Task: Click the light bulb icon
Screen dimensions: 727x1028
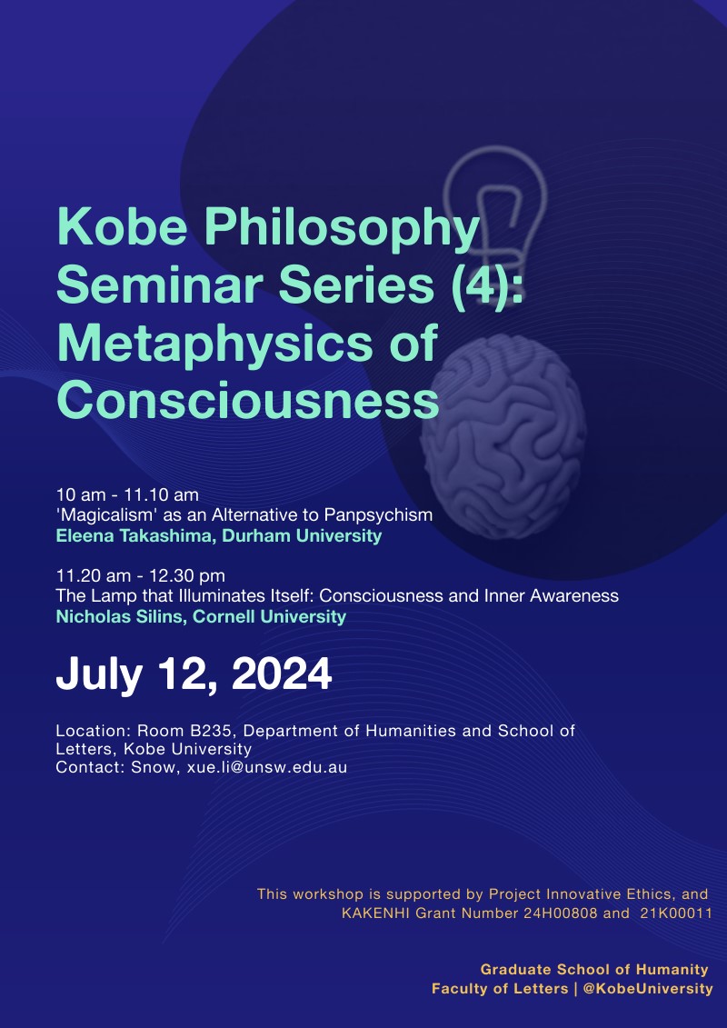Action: (494, 210)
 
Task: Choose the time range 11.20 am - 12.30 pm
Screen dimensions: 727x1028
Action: (140, 575)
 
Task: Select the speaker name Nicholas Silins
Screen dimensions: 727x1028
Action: (121, 616)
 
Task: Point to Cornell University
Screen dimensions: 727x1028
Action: (269, 616)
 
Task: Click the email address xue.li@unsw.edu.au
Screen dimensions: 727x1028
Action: (267, 767)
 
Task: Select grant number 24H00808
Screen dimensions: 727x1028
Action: (561, 913)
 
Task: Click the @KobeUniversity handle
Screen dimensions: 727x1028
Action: (648, 989)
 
